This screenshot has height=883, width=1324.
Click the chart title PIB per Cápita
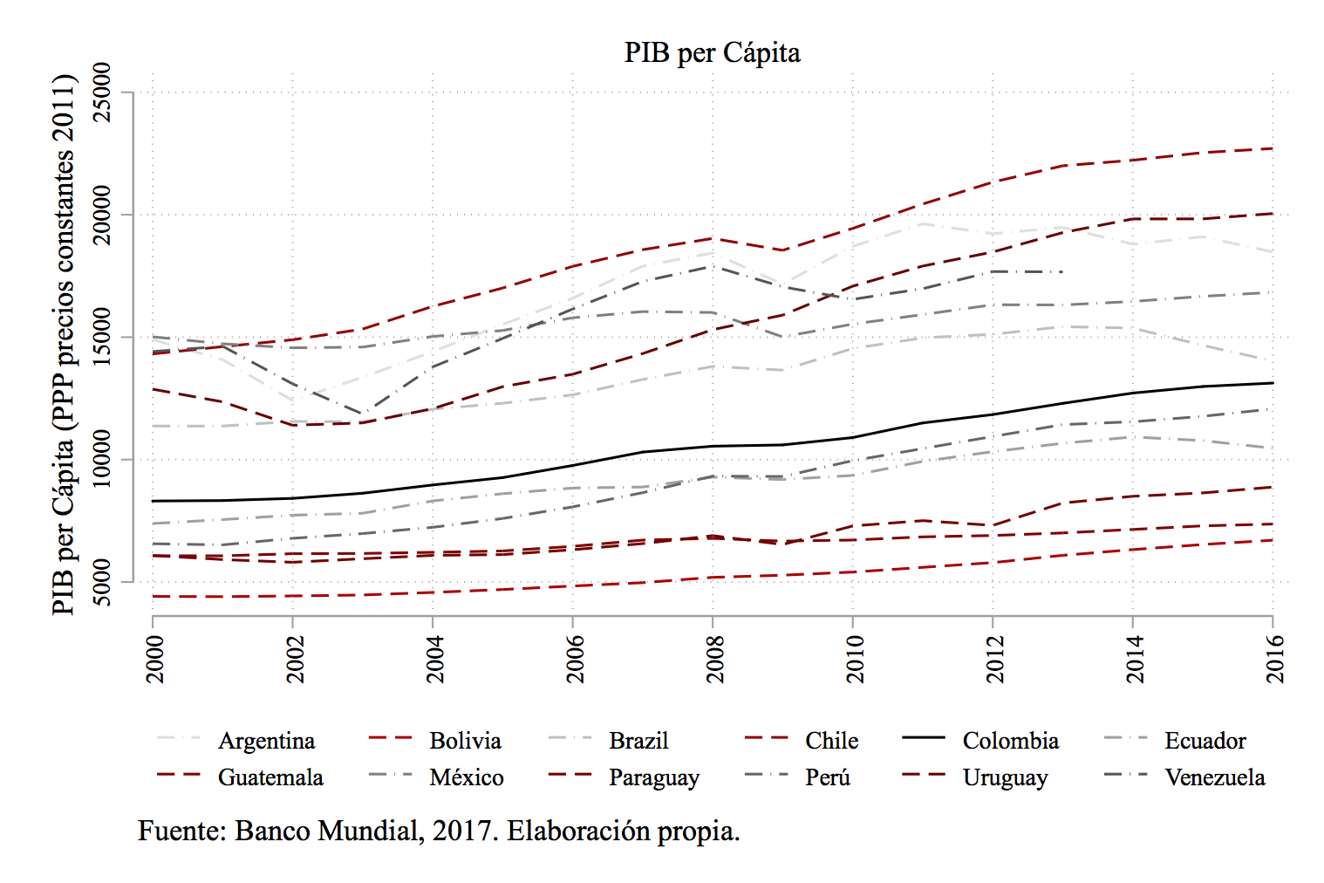[712, 53]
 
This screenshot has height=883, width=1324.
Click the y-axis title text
[64, 345]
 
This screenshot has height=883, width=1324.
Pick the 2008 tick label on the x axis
[714, 660]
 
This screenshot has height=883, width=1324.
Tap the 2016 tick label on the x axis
[1274, 660]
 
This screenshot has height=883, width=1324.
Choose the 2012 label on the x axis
[994, 660]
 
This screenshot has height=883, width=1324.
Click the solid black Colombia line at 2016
[1272, 383]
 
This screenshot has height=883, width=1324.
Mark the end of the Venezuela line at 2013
[1061, 272]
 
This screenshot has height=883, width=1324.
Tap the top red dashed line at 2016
[1272, 148]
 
